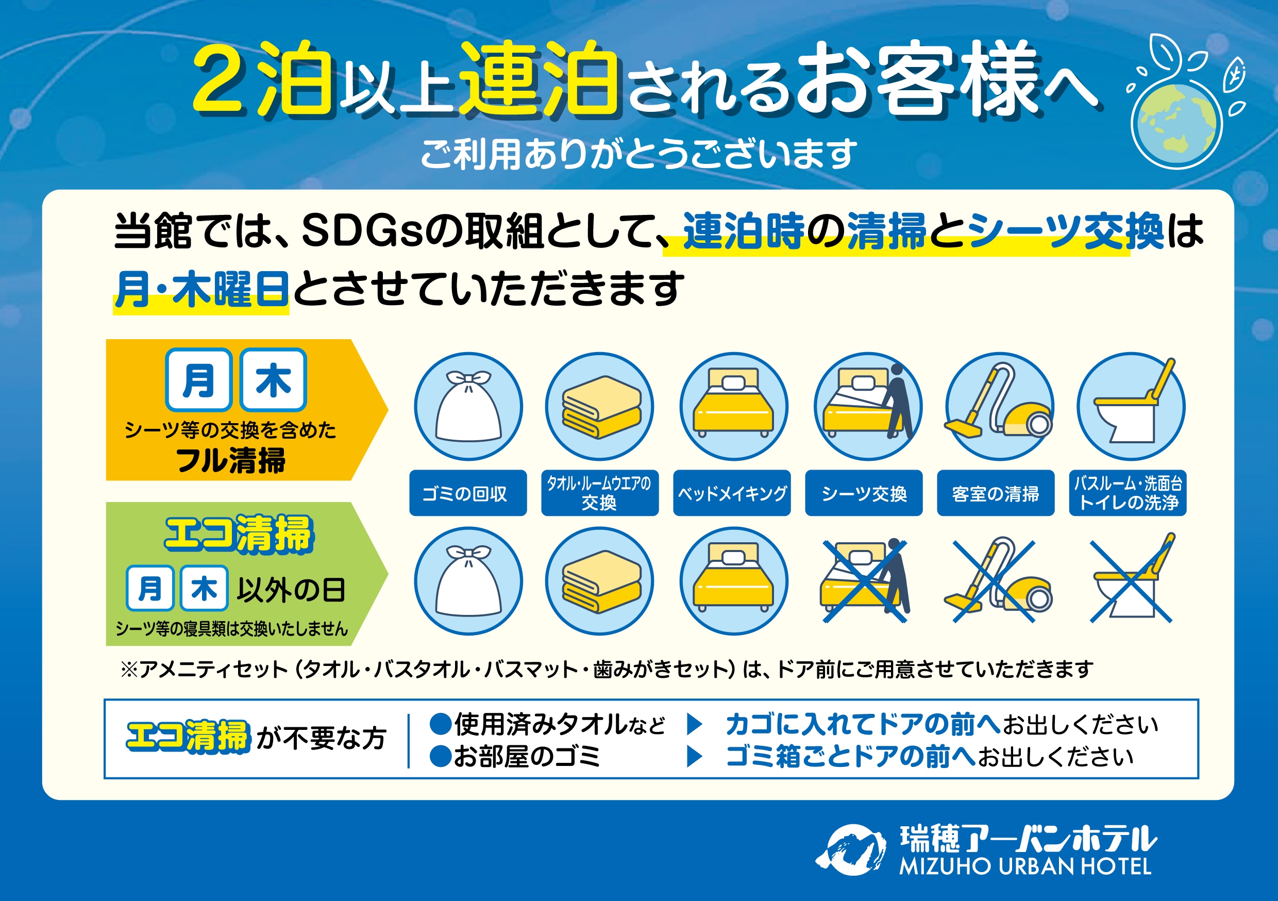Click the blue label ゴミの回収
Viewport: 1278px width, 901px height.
pos(467,493)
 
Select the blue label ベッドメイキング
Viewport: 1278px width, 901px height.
pos(731,493)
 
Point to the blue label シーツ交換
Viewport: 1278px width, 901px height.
pos(863,493)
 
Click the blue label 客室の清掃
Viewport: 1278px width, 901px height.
pos(995,493)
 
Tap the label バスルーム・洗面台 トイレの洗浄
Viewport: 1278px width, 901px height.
pos(1127,493)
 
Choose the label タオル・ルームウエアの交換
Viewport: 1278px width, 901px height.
pos(599,493)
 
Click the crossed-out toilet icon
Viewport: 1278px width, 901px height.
pos(1131,581)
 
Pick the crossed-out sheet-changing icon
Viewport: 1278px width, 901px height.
pos(864,581)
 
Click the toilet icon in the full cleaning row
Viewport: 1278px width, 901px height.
pos(1131,407)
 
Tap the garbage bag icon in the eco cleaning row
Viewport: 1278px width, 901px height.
pos(468,581)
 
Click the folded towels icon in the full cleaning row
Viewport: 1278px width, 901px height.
pos(600,407)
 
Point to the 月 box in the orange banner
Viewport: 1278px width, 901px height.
pos(199,380)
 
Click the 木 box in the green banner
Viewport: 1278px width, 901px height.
pos(204,589)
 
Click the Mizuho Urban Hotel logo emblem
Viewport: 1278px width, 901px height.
pos(850,850)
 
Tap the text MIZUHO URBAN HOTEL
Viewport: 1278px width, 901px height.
pos(1025,867)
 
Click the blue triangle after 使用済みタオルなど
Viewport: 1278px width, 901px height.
pos(694,724)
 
